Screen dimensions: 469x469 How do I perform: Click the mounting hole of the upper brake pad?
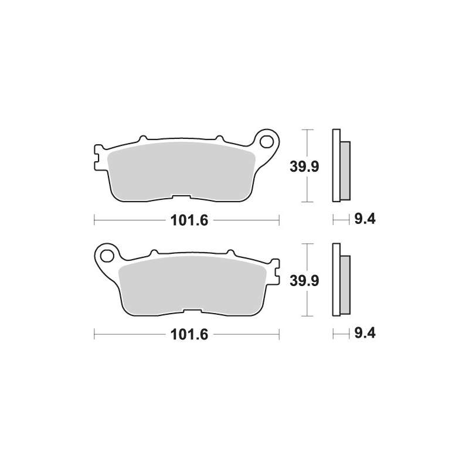(x=266, y=141)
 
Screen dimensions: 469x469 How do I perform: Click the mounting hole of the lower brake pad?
(x=107, y=256)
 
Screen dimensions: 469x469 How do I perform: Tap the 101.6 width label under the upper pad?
(x=189, y=220)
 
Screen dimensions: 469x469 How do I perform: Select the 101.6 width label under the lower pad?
(x=189, y=334)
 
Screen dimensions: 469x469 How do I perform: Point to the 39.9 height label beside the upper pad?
(x=304, y=166)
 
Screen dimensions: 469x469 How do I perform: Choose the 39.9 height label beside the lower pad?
(x=304, y=281)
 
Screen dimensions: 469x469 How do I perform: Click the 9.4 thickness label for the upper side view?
(x=365, y=219)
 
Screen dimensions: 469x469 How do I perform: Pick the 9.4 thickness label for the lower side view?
(x=365, y=333)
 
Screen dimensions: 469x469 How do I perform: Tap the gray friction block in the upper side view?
(x=345, y=171)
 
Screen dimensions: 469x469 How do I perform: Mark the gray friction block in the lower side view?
(x=345, y=285)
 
